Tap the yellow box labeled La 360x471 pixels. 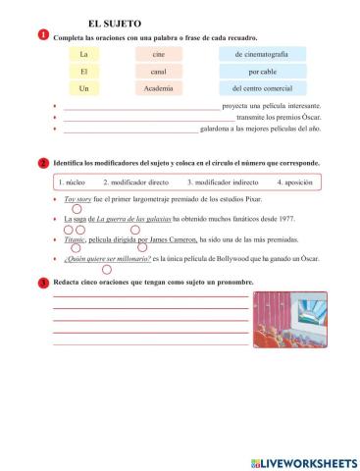click(84, 55)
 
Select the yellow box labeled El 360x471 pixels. click(84, 72)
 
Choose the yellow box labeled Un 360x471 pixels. click(84, 88)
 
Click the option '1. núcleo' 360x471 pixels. click(72, 183)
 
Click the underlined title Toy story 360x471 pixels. click(77, 199)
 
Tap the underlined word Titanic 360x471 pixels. click(75, 238)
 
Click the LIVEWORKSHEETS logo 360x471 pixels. click(303, 460)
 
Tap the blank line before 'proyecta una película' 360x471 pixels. click(141, 107)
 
